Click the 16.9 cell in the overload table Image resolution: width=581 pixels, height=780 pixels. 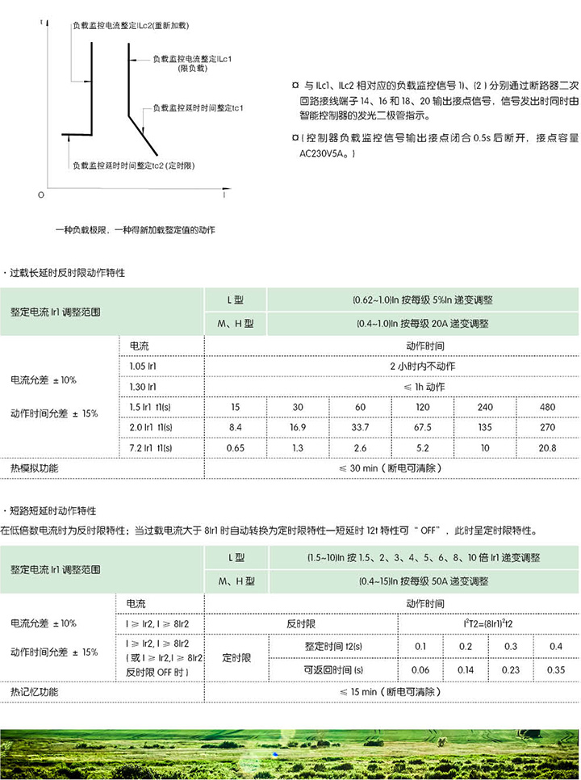tap(298, 426)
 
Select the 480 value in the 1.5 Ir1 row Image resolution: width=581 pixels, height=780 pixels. tap(547, 406)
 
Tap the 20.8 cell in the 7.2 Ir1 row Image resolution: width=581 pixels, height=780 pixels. tap(547, 447)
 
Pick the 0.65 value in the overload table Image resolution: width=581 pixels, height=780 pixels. tap(236, 447)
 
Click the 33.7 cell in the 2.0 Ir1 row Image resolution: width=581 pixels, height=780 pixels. tap(360, 426)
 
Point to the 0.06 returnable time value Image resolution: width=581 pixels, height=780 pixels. tap(420, 669)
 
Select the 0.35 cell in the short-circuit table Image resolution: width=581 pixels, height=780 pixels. tap(556, 669)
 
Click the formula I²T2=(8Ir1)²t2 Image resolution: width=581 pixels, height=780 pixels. tap(488, 623)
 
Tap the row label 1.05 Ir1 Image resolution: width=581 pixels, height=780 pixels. tap(144, 367)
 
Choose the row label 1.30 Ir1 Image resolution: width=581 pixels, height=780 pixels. tap(144, 387)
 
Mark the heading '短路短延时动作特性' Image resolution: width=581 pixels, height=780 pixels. tap(53, 511)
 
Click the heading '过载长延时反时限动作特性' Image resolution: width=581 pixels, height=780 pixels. tap(68, 273)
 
